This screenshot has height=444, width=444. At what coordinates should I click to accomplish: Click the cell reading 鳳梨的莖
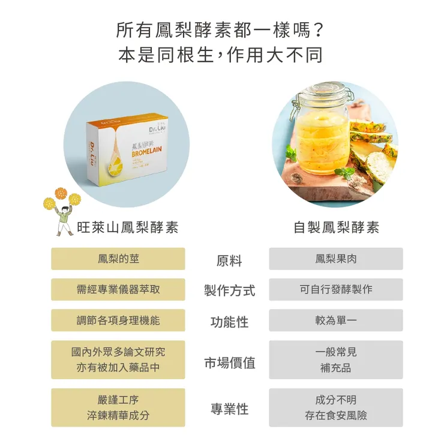118,259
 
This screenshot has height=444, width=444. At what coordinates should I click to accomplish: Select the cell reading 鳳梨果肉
336,259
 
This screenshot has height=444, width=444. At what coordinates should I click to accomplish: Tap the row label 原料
229,261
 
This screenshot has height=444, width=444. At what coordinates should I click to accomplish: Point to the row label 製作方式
229,291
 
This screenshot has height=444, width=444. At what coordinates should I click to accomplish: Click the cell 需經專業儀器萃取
118,289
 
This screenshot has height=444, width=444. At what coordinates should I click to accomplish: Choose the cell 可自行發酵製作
336,289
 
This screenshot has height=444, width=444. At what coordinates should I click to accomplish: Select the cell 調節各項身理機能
118,320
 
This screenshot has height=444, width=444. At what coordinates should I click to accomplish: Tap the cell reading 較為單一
336,320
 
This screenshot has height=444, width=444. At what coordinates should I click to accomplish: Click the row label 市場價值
229,362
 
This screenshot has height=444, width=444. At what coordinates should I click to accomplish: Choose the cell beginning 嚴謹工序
118,407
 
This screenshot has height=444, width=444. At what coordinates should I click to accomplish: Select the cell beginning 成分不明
336,407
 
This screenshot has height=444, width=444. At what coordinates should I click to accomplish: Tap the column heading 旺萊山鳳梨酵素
128,228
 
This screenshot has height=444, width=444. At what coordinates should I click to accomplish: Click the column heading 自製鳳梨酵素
336,228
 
